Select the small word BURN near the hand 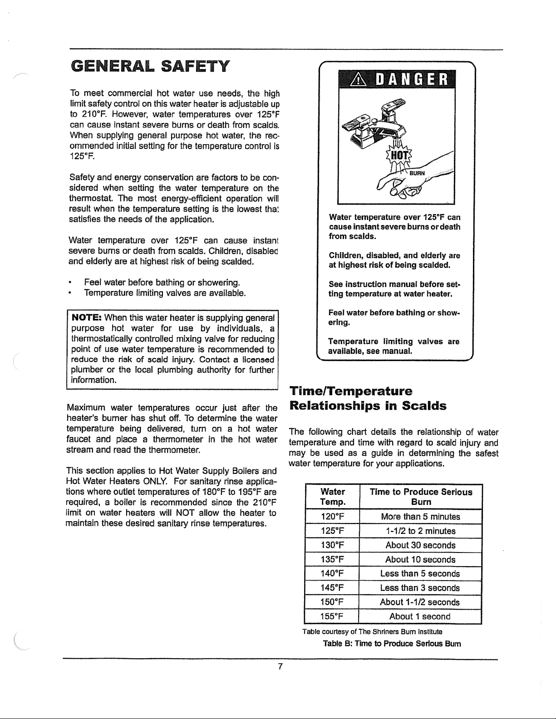pos(418,173)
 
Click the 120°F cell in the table pos(332,517)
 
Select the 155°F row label pos(332,616)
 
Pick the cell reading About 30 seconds pos(420,545)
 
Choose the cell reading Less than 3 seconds pos(420,588)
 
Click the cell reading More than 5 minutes pos(420,517)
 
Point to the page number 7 pos(280,666)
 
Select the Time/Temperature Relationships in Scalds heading pos(368,398)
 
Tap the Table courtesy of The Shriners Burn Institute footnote pos(372,631)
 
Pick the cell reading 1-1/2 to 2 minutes pos(420,531)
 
